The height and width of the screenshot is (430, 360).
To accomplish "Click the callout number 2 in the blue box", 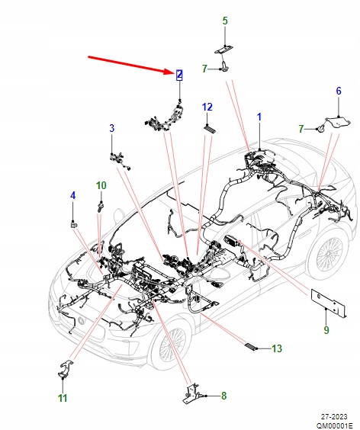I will [x=178, y=75].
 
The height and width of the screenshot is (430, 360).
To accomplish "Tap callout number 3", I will [x=111, y=128].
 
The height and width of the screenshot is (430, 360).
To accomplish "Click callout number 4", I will [x=73, y=196].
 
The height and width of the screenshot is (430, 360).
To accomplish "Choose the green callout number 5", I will [x=225, y=21].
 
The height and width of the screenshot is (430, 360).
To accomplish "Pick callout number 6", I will [x=339, y=91].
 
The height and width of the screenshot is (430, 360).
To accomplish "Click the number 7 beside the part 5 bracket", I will [x=204, y=69].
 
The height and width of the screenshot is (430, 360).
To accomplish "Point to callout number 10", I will [x=101, y=185].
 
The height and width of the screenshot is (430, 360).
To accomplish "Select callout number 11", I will [x=62, y=398].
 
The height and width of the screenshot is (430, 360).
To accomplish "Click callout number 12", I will [x=207, y=107].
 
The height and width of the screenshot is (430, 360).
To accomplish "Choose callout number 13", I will [x=277, y=348].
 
